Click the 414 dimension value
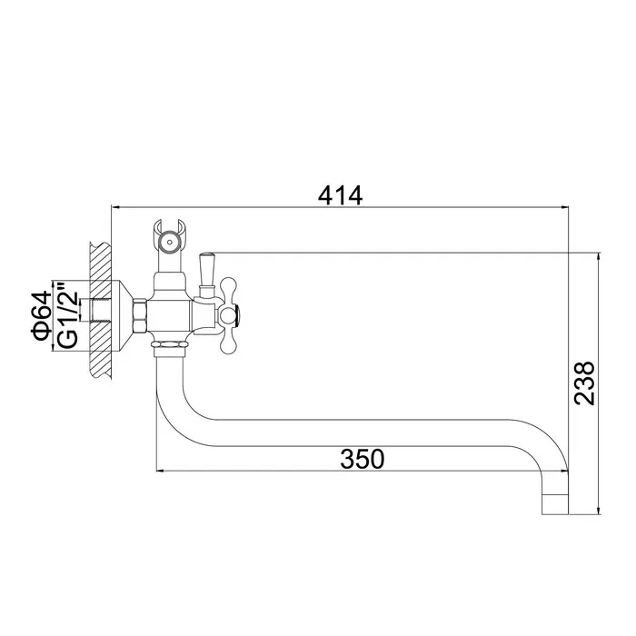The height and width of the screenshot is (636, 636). coord(340,195)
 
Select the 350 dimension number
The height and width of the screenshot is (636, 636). coord(362,459)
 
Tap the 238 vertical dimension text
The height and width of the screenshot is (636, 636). coord(584,383)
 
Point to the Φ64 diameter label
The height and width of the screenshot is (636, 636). coord(41,315)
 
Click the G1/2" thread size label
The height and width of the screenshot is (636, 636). coord(68,315)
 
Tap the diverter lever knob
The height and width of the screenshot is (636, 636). coord(206,269)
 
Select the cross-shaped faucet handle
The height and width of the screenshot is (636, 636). coord(228,314)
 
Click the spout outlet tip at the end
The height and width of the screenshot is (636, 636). coord(555,504)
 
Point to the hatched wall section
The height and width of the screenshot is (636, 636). coord(100,311)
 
